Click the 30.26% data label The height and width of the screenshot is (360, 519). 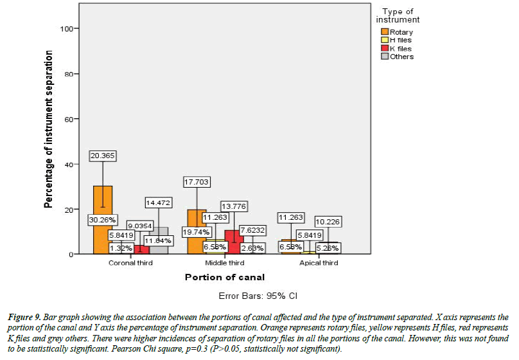[103, 220]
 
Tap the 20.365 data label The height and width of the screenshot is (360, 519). [103, 156]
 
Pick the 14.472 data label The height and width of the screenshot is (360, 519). [159, 203]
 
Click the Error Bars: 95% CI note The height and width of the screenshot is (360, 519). [258, 296]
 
